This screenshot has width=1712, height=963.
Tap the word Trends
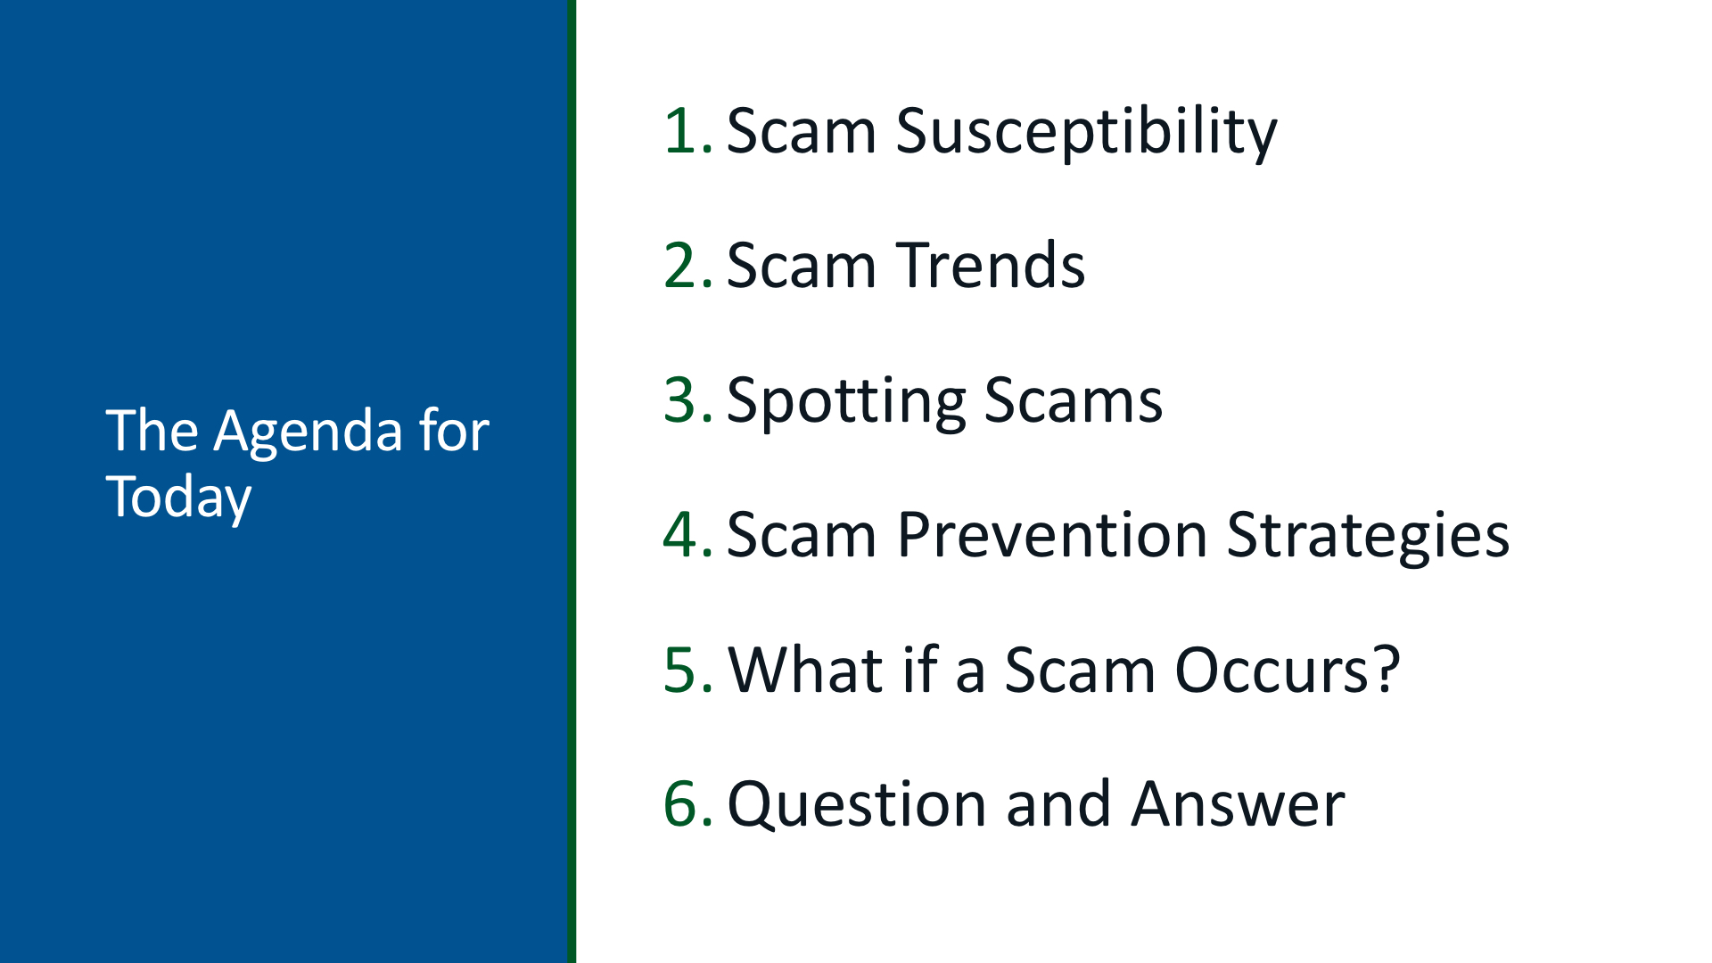click(991, 266)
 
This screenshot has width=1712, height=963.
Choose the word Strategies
click(1369, 538)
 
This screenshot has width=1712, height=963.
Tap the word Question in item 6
click(857, 804)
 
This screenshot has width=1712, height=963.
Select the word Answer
click(1239, 804)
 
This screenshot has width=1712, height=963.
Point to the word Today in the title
click(178, 499)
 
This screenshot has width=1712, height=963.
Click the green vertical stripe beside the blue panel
click(572, 481)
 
